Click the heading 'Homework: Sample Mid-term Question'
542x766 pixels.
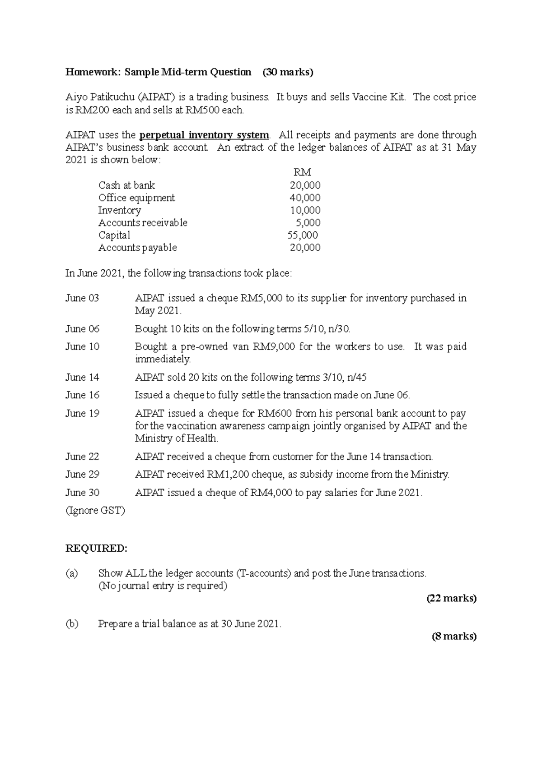tap(158, 72)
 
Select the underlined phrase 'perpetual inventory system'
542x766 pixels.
tap(204, 135)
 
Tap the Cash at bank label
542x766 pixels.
tap(126, 185)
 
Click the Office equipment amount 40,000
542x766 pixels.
tap(305, 198)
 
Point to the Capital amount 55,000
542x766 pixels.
tap(303, 235)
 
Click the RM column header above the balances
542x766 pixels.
tap(302, 172)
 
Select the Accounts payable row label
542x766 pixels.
tap(137, 248)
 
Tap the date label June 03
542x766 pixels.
tap(82, 298)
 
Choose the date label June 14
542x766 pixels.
tap(82, 377)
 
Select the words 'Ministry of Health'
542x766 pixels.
tap(176, 438)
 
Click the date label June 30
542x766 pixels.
tap(82, 493)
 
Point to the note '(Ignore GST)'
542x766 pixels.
tap(95, 511)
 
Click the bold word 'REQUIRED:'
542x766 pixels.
tap(97, 549)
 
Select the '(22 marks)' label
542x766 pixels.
tap(451, 599)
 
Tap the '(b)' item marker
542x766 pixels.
tap(72, 624)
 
